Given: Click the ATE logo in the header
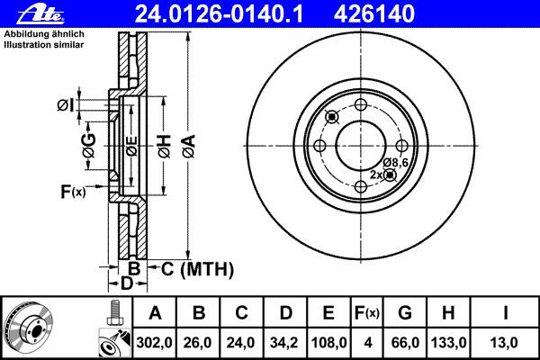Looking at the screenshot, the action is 40,14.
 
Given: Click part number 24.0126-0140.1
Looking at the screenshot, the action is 219,14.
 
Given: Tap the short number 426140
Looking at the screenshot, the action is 374,14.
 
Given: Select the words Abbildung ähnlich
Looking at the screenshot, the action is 44,34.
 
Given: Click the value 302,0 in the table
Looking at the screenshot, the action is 154,342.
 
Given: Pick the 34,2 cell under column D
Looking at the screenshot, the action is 284,342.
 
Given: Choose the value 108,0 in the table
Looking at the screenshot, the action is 328,342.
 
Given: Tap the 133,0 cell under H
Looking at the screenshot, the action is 449,342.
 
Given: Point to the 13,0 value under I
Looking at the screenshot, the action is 504,342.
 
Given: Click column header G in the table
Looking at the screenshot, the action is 405,313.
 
